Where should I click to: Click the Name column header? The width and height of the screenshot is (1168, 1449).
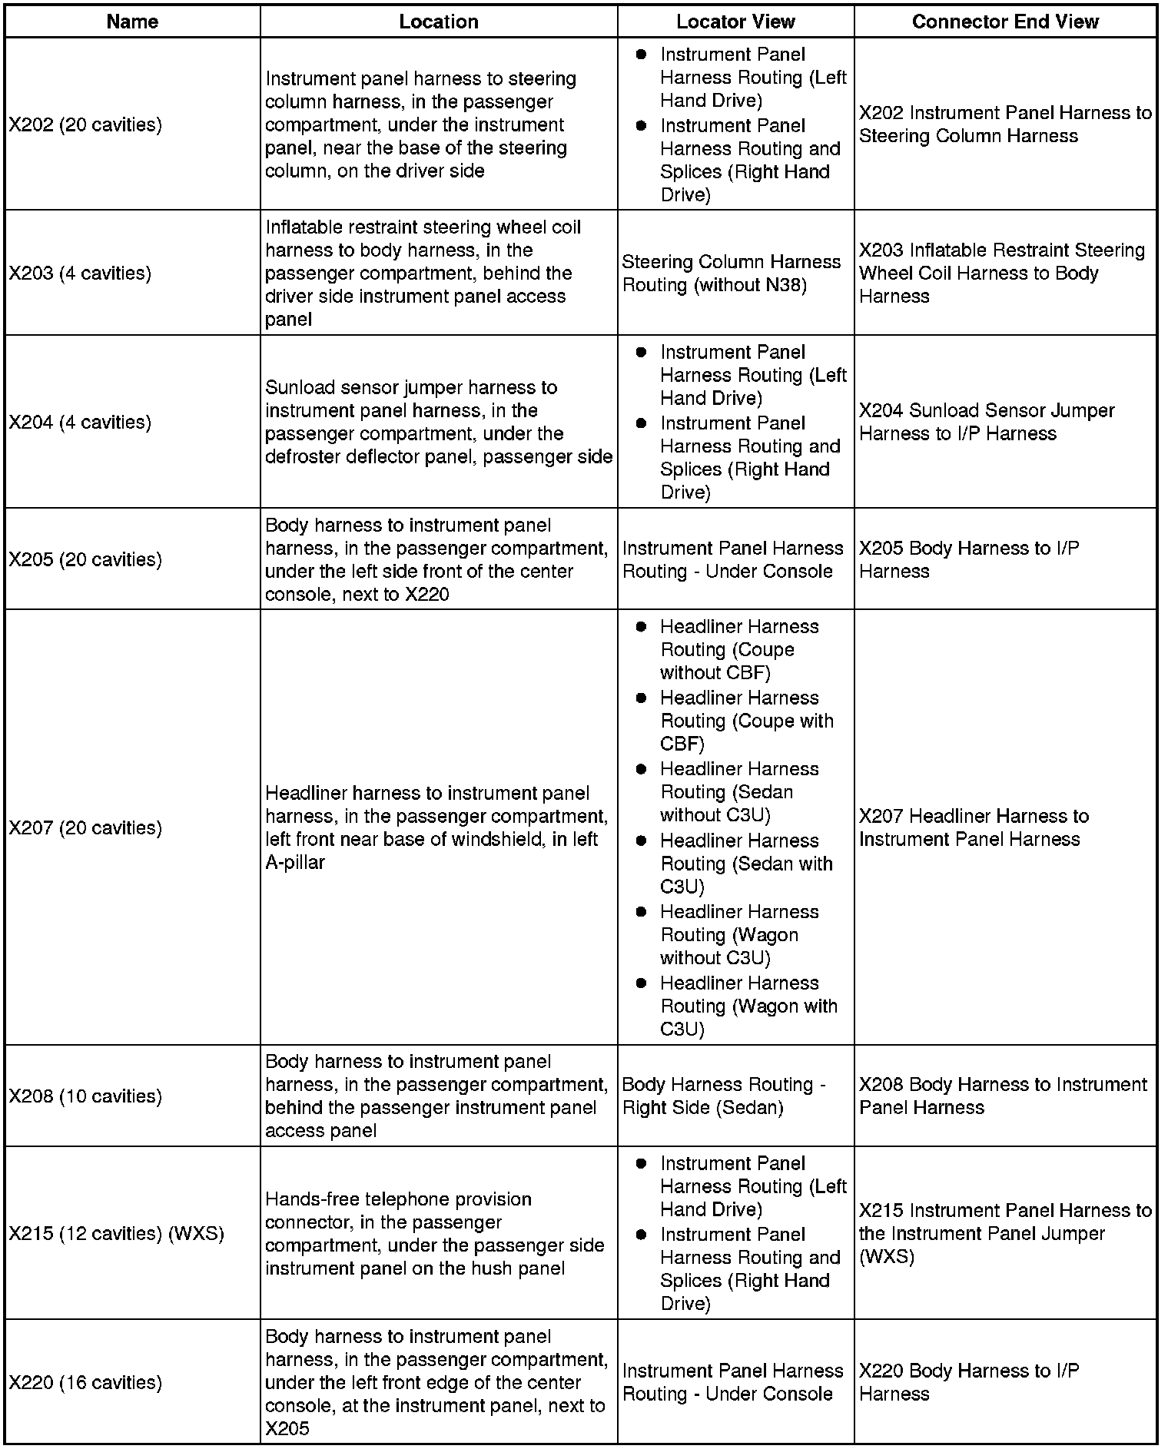tap(132, 22)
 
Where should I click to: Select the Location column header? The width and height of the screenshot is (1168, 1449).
tap(438, 22)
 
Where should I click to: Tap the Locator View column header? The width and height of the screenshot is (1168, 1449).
tap(735, 22)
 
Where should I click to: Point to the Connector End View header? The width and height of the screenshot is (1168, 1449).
tap(1005, 22)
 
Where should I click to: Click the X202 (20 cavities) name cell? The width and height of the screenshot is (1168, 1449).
tap(85, 124)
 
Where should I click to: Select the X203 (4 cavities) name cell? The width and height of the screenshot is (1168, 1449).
tap(80, 273)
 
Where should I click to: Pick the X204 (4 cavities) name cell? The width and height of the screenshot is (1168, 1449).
tap(80, 422)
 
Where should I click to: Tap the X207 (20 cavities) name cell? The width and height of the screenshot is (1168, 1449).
tap(85, 827)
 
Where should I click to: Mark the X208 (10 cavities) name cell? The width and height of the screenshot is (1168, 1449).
tap(85, 1096)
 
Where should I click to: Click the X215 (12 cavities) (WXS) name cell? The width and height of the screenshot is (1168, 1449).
tap(116, 1233)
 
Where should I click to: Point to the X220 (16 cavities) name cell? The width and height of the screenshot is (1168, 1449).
tap(85, 1382)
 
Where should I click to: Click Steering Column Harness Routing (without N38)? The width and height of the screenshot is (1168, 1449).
tap(731, 274)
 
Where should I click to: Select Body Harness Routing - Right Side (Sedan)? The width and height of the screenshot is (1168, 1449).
tap(723, 1096)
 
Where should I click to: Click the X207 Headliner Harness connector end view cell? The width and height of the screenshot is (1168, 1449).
tap(974, 827)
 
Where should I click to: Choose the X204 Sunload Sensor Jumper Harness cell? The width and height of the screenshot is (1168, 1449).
tap(986, 422)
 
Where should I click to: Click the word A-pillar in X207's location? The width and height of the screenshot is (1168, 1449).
tap(295, 863)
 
